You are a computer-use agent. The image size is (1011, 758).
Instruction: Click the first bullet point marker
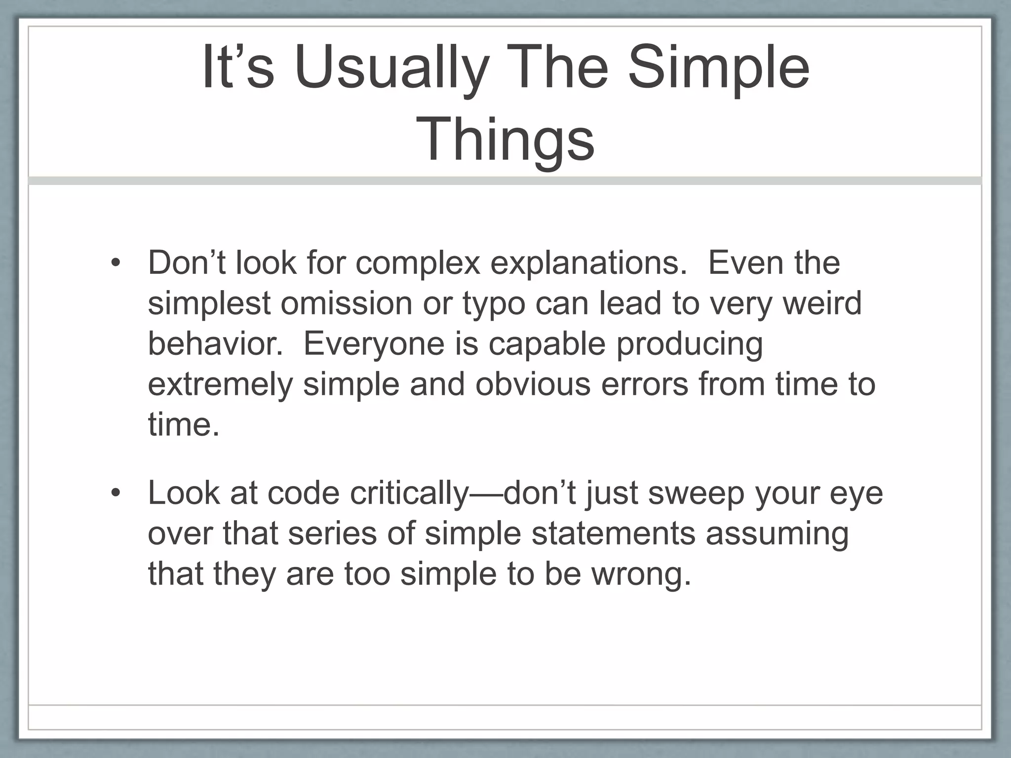tap(116, 263)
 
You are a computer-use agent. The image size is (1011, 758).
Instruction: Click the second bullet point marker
tap(116, 493)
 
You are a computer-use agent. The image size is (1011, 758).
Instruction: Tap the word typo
tap(494, 304)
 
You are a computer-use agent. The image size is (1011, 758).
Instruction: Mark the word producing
tap(689, 344)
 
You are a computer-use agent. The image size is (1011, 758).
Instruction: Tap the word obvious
tap(533, 384)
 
